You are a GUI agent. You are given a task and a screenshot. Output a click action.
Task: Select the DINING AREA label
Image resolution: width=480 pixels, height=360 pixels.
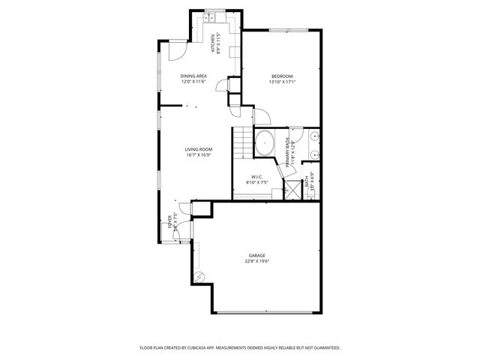click(193, 76)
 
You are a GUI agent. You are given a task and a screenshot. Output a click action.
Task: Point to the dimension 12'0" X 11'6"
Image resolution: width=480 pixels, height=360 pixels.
click(193, 82)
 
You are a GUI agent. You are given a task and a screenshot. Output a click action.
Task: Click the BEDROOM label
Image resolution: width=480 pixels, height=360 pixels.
click(282, 76)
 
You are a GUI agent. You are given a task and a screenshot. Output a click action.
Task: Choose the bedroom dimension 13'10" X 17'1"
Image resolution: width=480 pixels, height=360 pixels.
click(282, 82)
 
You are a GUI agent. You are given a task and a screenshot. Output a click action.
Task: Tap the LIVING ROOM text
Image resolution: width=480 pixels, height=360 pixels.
click(199, 150)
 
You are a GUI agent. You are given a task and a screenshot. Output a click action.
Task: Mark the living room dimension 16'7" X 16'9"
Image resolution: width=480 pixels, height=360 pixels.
click(199, 156)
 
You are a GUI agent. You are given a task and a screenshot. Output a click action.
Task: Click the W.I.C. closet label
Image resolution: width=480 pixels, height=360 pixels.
click(256, 176)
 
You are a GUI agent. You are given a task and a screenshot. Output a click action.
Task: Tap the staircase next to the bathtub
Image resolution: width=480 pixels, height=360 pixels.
click(243, 142)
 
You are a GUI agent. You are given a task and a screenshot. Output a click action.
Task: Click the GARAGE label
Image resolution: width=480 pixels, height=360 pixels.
click(256, 255)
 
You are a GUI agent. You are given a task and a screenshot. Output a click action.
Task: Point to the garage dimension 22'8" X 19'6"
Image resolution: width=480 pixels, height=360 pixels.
click(256, 262)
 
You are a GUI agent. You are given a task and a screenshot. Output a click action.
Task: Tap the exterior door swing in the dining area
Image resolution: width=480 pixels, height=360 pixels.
click(174, 51)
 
